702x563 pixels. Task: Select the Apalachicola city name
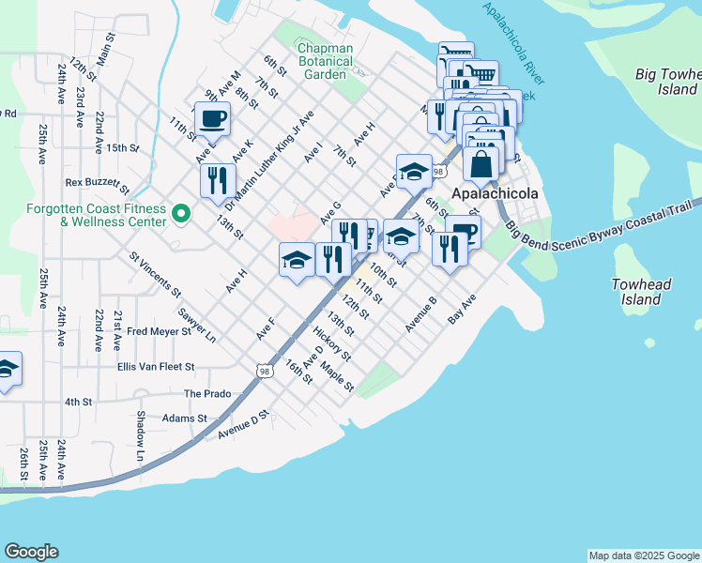click(495, 193)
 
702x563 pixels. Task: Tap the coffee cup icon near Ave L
click(212, 119)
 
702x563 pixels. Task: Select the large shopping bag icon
click(481, 164)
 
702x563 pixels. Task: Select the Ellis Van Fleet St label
click(155, 367)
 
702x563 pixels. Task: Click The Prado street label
click(206, 394)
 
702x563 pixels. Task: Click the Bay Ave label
click(462, 308)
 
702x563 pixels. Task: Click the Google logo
click(31, 552)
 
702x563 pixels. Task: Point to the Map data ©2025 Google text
click(643, 555)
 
